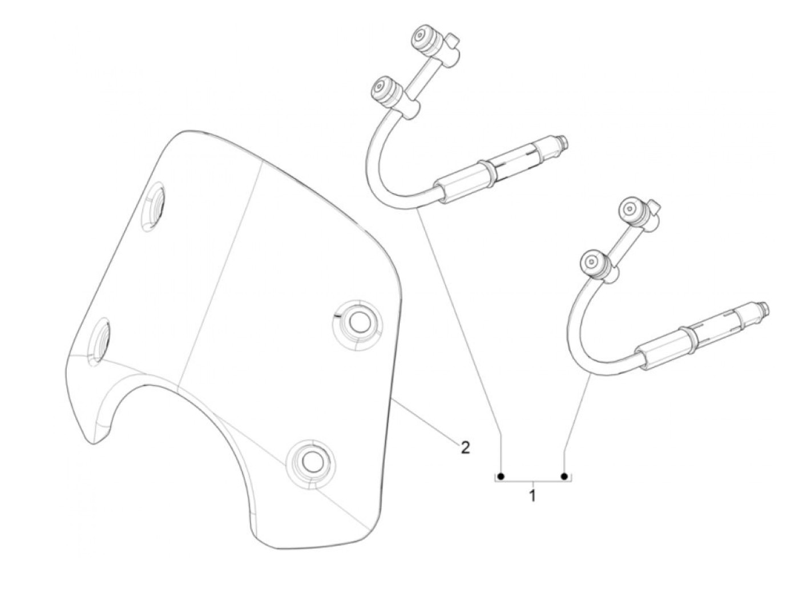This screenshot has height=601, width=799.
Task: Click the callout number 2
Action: coord(465,447)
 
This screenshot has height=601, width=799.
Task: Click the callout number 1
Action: coord(532,495)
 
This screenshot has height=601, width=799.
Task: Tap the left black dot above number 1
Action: coord(501,476)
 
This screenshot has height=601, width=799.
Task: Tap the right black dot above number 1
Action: coord(564,476)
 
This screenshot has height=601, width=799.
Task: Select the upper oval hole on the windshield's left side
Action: coord(154,209)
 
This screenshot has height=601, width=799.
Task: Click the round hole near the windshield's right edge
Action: coord(358,322)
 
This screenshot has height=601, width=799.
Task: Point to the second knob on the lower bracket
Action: coord(591,262)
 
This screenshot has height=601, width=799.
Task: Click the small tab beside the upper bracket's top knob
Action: coord(454,41)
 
